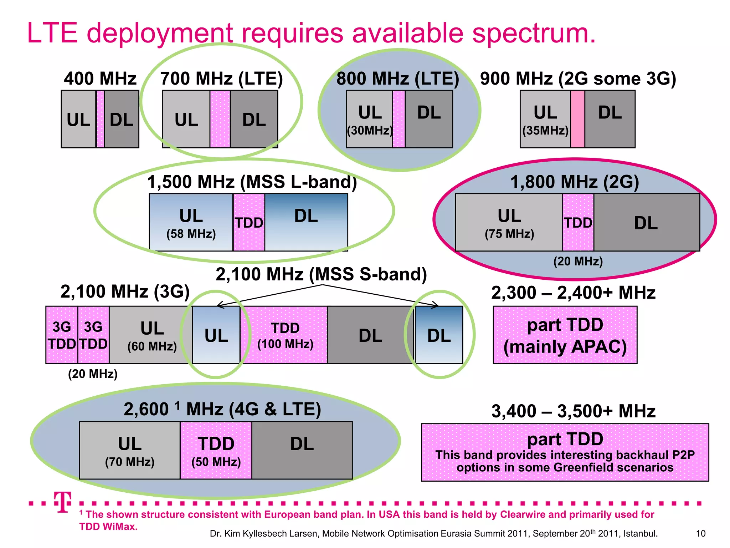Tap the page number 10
[x=700, y=533]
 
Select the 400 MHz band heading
[x=100, y=78]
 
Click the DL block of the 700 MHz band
[x=254, y=119]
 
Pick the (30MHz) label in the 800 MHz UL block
[x=370, y=131]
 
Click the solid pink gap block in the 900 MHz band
[x=577, y=119]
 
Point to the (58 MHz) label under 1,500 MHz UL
[x=191, y=234]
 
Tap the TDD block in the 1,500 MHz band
[x=249, y=222]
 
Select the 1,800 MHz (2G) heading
[x=575, y=182]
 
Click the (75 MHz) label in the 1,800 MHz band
[x=509, y=234]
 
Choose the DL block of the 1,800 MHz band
[x=646, y=223]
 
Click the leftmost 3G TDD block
[x=62, y=335]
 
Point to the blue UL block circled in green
[x=216, y=335]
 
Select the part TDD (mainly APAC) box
[x=565, y=335]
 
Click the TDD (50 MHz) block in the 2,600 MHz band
[x=216, y=450]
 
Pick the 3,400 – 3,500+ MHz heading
[x=573, y=411]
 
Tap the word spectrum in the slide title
[x=534, y=33]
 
